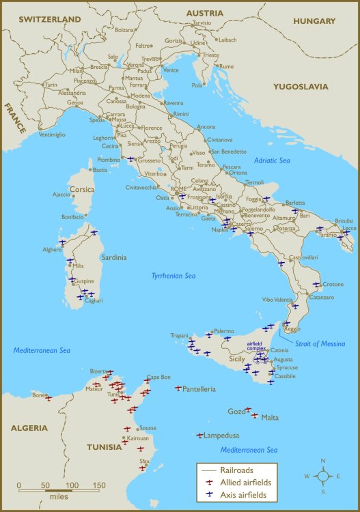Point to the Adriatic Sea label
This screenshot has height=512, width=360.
coord(273,160)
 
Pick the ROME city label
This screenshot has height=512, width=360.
coord(179,189)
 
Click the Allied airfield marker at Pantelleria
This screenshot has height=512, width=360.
coord(178,388)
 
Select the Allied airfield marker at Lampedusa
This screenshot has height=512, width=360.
coord(199,435)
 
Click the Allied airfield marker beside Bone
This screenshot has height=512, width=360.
coord(49,398)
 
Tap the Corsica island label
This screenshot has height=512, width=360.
coord(82,189)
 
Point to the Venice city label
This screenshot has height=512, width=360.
coord(171,70)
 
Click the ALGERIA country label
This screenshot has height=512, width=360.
coord(29,428)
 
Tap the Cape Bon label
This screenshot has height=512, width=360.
coord(158,378)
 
